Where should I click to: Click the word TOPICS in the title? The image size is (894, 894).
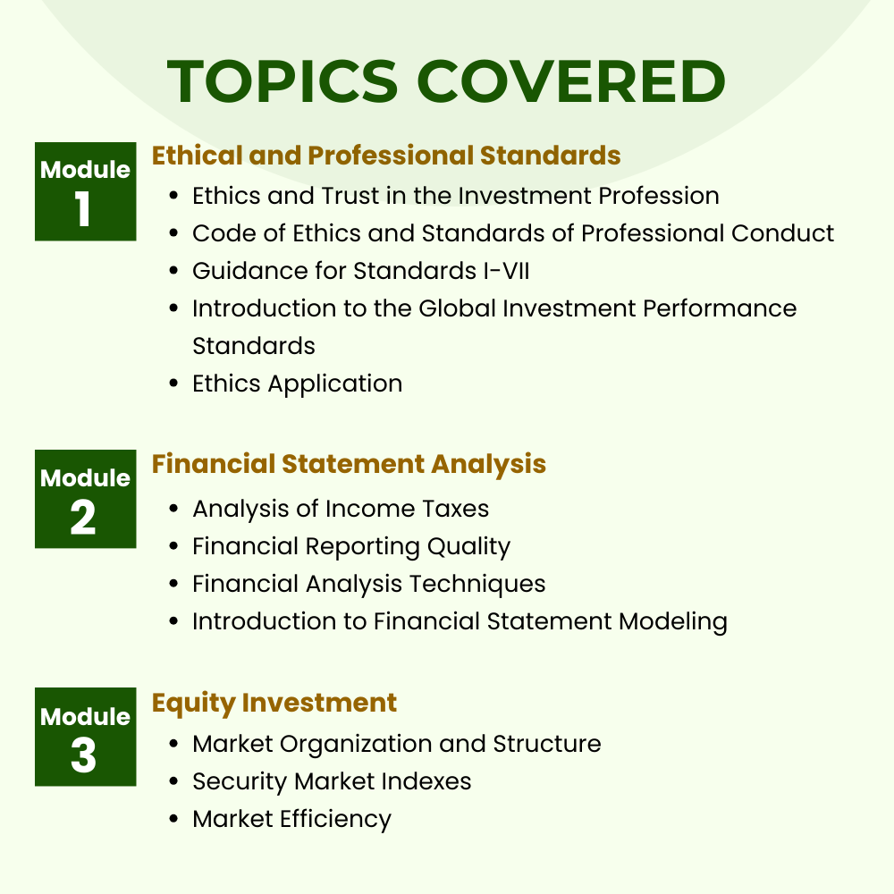(283, 81)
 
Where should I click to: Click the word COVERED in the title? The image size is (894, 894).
(572, 81)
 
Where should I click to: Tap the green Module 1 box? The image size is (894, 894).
(86, 191)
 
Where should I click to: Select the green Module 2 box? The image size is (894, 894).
(86, 499)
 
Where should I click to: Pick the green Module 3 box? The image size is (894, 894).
(86, 737)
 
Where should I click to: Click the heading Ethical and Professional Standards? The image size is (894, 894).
(386, 156)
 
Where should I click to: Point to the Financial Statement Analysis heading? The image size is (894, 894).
(349, 464)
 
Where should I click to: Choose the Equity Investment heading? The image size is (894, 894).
(274, 703)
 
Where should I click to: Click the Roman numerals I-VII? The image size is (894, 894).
(506, 271)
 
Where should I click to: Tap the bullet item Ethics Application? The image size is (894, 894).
(297, 384)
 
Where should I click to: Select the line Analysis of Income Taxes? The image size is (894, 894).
(341, 509)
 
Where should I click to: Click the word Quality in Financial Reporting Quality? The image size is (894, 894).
(468, 547)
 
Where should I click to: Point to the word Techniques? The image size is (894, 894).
(477, 585)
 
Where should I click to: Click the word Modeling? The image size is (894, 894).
(673, 622)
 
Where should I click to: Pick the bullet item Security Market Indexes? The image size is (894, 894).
(332, 781)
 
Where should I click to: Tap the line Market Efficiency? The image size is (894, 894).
(292, 819)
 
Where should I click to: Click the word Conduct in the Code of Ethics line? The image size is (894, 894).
(782, 233)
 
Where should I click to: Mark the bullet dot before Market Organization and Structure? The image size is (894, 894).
(174, 744)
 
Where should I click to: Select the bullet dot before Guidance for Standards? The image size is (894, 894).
(174, 271)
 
